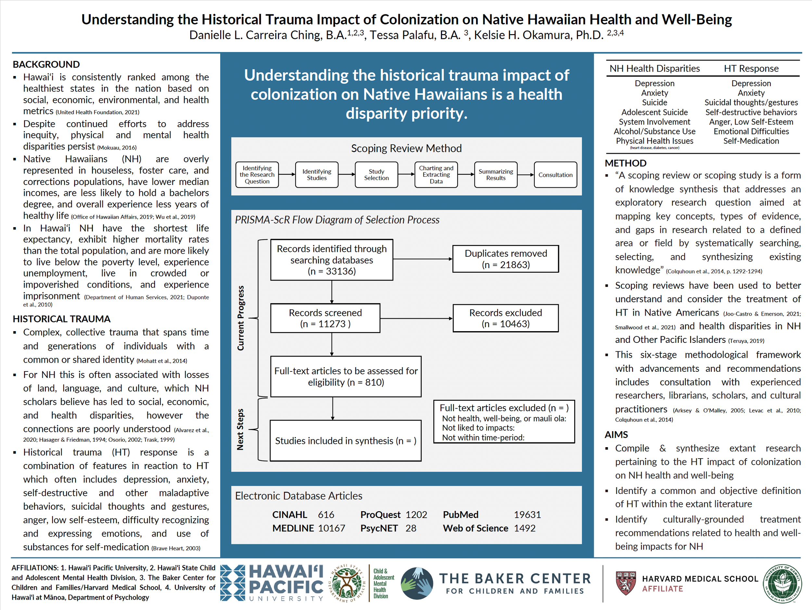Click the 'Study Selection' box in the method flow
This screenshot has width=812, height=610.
pyautogui.click(x=376, y=175)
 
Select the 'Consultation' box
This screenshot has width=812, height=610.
pyautogui.click(x=555, y=175)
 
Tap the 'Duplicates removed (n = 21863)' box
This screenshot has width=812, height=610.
pyautogui.click(x=505, y=259)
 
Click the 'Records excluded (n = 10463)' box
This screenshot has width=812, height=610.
pyautogui.click(x=505, y=318)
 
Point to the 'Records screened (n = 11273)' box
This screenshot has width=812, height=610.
pyautogui.click(x=325, y=318)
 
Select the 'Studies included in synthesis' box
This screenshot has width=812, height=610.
pyautogui.click(x=346, y=441)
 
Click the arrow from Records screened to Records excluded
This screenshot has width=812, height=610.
pyautogui.click(x=416, y=318)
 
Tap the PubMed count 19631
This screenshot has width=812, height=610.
pyautogui.click(x=527, y=514)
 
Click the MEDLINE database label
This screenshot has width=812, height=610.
pyautogui.click(x=293, y=528)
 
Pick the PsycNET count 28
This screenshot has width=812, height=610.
pyautogui.click(x=411, y=528)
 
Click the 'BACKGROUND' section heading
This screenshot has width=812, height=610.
pyautogui.click(x=46, y=64)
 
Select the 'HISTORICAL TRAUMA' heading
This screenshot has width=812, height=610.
pyautogui.click(x=62, y=319)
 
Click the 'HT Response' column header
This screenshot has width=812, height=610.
pyautogui.click(x=751, y=69)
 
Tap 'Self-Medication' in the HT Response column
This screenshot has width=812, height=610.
pyautogui.click(x=751, y=141)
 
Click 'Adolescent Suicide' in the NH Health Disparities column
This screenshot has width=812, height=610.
pyautogui.click(x=654, y=112)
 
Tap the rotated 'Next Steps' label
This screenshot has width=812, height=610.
pyautogui.click(x=240, y=429)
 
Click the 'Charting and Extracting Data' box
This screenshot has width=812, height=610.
pyautogui.click(x=436, y=175)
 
